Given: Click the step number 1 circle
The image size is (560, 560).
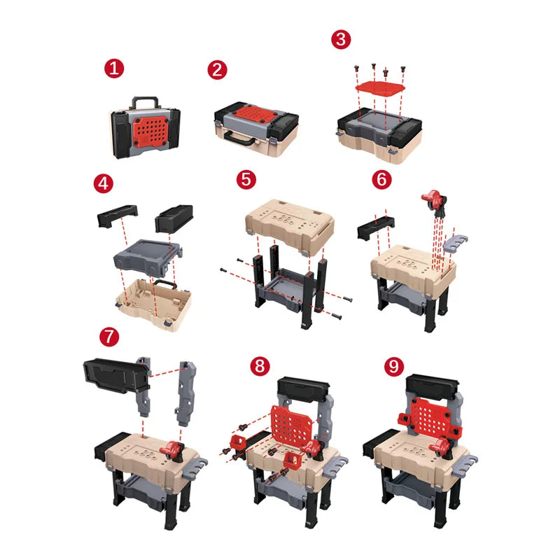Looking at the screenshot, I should pos(115,69).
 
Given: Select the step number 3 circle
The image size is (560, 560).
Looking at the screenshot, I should pos(340,39).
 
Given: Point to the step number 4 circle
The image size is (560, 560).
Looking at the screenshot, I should pos(103,184).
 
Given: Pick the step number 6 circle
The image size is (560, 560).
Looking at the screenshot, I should pos(382,179).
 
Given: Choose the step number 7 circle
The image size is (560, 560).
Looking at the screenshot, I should pos(108,335).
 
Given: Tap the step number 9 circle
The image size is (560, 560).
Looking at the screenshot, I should pos(394,365).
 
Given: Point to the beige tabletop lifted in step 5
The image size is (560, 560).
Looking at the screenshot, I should pos(289,222).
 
